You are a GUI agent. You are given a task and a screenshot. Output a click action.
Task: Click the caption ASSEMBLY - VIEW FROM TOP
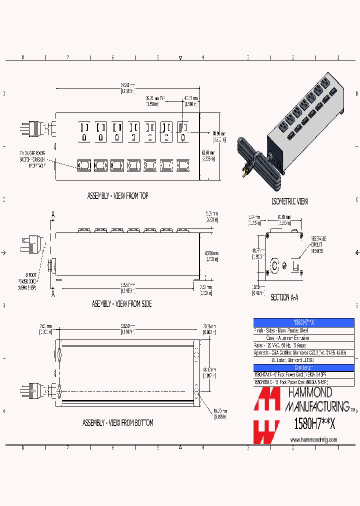(x=118, y=196)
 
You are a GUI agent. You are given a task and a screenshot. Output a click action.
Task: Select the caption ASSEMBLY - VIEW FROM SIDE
(x=121, y=303)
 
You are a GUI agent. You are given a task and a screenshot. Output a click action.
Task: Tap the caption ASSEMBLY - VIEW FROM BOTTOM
(x=118, y=423)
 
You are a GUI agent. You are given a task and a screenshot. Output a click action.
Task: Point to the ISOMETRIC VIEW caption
(x=289, y=201)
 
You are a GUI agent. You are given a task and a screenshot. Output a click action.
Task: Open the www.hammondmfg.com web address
(x=313, y=439)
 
